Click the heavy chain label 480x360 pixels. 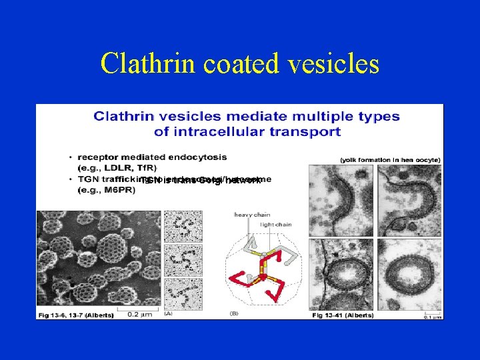(250, 214)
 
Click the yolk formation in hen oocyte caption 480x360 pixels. (390, 160)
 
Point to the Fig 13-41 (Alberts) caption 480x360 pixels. (343, 315)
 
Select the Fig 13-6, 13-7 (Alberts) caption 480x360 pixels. (75, 315)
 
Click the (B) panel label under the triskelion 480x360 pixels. (234, 313)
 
